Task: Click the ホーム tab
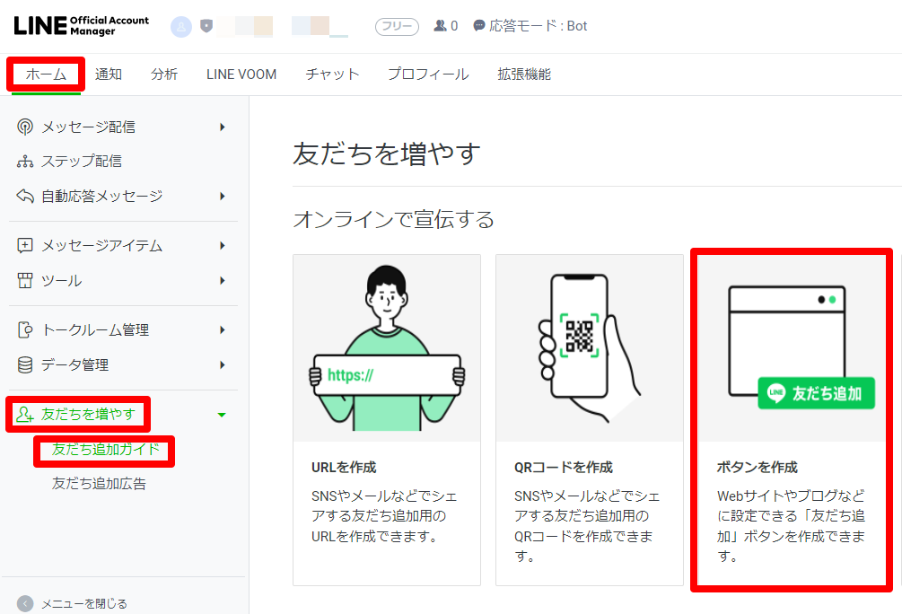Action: (x=46, y=75)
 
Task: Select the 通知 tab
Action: (x=109, y=75)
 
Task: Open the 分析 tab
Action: (x=164, y=75)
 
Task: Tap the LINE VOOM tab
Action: (x=241, y=75)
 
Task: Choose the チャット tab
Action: (x=332, y=75)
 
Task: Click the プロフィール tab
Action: (x=428, y=75)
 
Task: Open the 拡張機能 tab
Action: (x=524, y=75)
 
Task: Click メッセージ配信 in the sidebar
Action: (x=89, y=127)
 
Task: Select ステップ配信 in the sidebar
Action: (x=82, y=162)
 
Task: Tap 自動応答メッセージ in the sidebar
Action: (x=102, y=196)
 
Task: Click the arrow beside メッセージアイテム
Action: (x=222, y=246)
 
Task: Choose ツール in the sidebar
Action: (x=61, y=281)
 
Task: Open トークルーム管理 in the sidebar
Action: (x=95, y=330)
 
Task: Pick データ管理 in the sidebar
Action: (x=74, y=365)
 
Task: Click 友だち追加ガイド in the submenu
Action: (x=105, y=450)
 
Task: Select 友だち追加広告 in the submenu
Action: (x=99, y=484)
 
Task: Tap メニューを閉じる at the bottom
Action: (x=84, y=604)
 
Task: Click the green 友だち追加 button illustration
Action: (x=816, y=393)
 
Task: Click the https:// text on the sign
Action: (x=350, y=375)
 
